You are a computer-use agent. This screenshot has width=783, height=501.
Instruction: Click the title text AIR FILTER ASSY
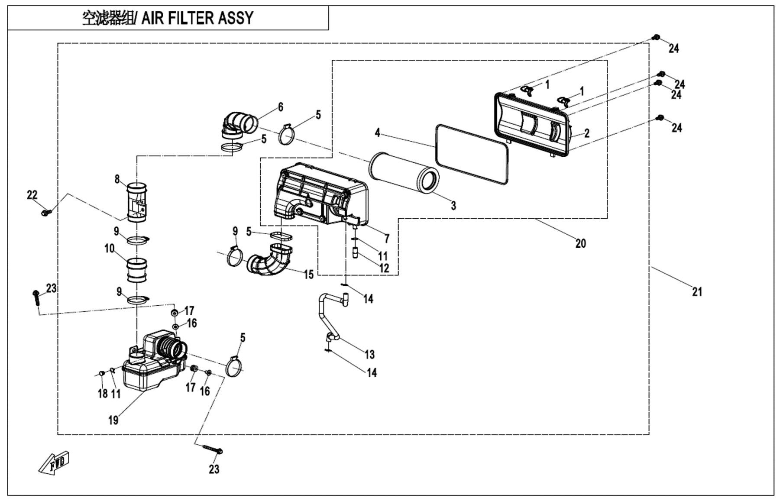197,18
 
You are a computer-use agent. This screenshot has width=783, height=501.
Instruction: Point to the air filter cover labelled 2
532,123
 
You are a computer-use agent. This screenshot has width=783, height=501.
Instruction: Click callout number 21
697,292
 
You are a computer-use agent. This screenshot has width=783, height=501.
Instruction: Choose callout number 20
580,243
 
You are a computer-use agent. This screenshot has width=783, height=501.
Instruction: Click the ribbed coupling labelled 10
137,270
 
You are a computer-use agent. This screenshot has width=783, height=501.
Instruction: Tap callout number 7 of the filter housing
387,238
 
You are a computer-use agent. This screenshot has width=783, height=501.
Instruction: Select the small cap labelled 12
356,252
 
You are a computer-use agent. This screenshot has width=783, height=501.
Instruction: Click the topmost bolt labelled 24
656,37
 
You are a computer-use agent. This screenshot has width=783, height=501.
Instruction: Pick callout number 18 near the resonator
103,393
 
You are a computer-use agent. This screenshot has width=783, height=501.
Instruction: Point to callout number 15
308,275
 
